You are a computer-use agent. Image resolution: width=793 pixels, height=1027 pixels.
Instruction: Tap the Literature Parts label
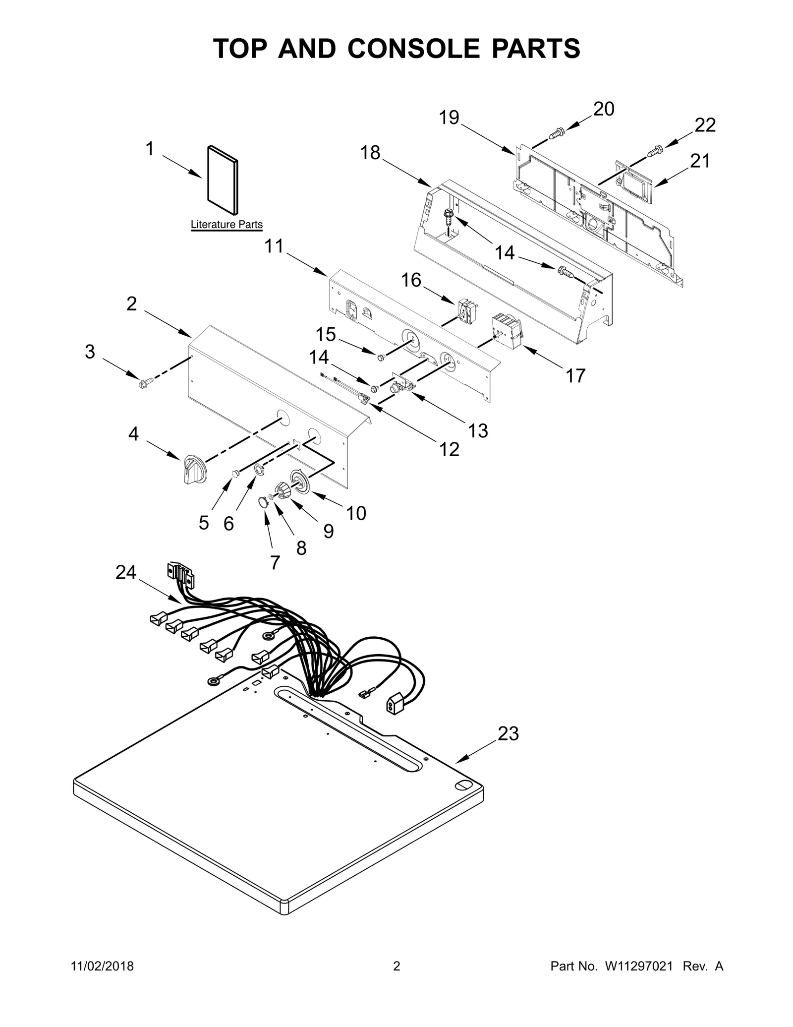(x=227, y=225)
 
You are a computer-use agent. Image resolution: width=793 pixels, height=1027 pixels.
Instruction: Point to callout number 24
(x=125, y=572)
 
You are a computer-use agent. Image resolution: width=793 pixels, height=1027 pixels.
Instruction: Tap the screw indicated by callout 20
(x=557, y=133)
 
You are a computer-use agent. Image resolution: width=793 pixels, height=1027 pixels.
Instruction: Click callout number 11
(x=274, y=246)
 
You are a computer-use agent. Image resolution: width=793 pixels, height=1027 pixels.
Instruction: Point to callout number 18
(x=370, y=153)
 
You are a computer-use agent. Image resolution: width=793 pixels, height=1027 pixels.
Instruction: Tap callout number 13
(x=478, y=430)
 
